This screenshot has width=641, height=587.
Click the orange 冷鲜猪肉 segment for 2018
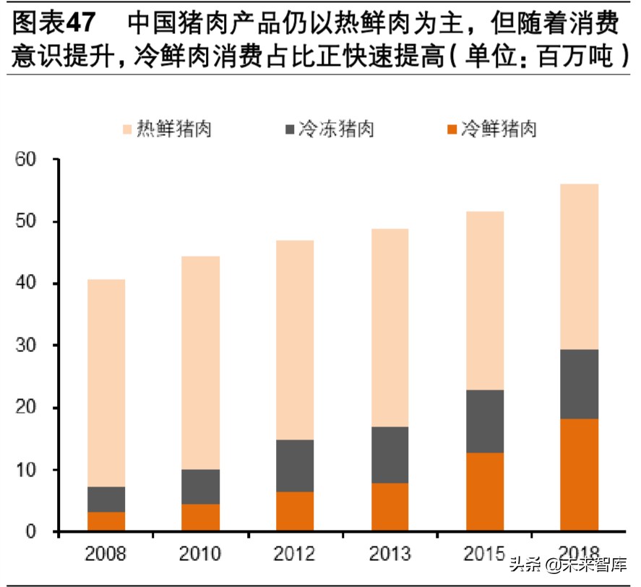[580, 475]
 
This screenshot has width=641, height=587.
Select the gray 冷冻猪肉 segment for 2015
[485, 421]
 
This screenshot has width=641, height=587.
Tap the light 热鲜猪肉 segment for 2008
[106, 383]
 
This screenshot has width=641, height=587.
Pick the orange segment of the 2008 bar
[106, 521]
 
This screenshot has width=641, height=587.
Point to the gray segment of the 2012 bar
[296, 466]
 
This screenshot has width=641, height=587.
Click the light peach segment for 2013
[390, 327]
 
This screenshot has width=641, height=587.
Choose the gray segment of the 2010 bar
[201, 487]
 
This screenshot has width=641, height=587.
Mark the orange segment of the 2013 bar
[390, 507]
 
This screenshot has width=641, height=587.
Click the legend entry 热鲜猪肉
[165, 130]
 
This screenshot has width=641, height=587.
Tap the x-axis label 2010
[201, 554]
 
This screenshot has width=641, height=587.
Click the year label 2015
[485, 554]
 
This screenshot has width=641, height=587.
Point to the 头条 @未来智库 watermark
[569, 565]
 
